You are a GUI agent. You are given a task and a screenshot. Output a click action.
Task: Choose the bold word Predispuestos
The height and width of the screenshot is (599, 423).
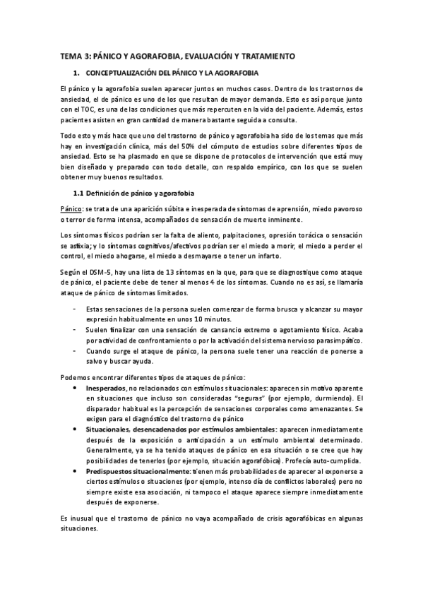click(111, 471)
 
